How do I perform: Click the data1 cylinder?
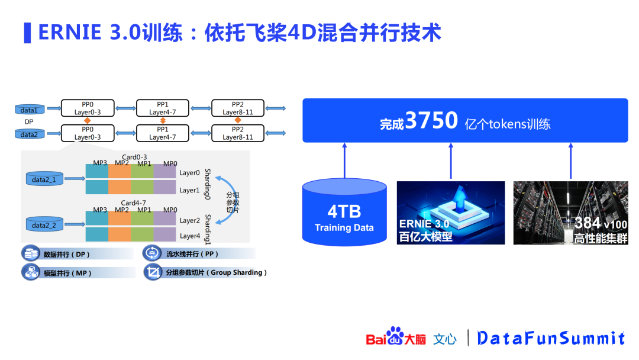[x=29, y=110]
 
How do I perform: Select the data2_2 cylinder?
[x=44, y=225]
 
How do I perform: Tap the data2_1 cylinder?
[x=44, y=178]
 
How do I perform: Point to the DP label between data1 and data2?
[x=29, y=122]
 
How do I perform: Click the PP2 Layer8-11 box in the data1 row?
[x=238, y=108]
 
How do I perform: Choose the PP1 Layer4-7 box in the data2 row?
[x=163, y=133]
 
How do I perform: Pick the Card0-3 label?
[x=134, y=156]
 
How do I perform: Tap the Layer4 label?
[x=189, y=236]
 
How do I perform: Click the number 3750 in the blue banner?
[x=432, y=121]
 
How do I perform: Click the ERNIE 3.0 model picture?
[x=450, y=213]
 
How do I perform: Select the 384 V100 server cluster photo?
[x=570, y=213]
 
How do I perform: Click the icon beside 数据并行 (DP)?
[x=30, y=254]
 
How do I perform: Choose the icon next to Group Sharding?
[x=153, y=272]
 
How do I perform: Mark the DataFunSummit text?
[x=551, y=338]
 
